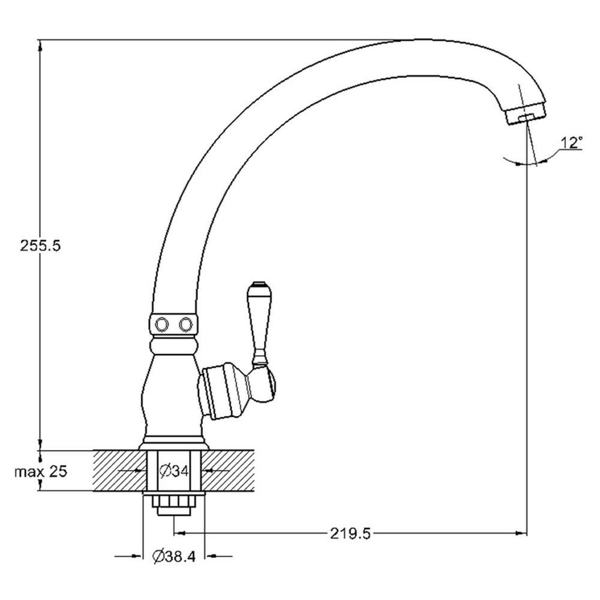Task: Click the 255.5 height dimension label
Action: (x=40, y=245)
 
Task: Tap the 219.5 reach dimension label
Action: (x=350, y=533)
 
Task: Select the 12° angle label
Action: (x=571, y=143)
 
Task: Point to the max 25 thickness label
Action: (x=41, y=471)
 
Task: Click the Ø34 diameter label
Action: (x=174, y=471)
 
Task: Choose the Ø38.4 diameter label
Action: (x=174, y=556)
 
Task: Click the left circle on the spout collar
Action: (x=161, y=325)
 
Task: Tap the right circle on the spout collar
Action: (x=185, y=325)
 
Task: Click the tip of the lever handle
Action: (x=257, y=284)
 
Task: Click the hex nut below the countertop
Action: (x=174, y=502)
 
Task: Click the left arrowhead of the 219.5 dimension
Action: (x=180, y=533)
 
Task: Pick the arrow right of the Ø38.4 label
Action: (x=218, y=556)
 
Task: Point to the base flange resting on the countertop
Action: (x=174, y=444)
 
